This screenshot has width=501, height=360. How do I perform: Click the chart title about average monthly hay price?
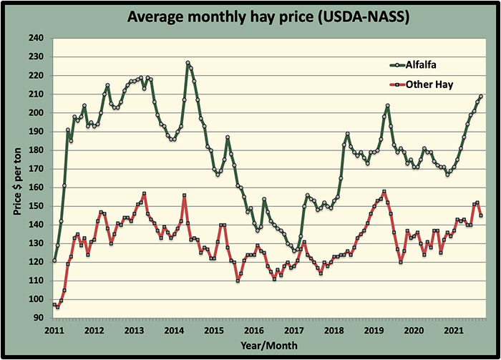pos(250,16)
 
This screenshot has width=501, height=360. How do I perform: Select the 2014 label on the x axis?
pos(175,331)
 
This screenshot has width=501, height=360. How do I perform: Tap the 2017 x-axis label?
pos(294,331)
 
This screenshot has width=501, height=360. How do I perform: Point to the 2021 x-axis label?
pos(454,331)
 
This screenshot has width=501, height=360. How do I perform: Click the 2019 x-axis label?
pos(374,331)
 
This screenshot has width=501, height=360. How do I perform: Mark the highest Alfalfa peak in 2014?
pos(188,63)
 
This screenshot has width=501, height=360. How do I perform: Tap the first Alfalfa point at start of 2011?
pos(54,261)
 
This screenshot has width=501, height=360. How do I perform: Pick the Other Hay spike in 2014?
pos(185,195)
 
